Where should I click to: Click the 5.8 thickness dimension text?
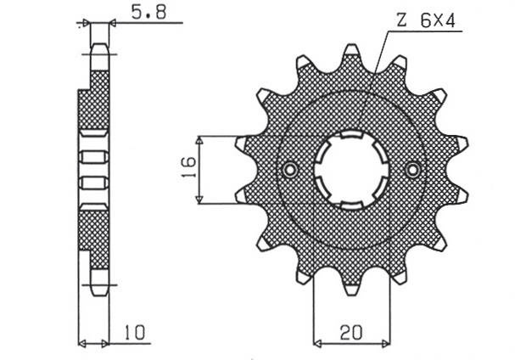point(148,13)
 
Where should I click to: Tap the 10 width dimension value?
point(134,332)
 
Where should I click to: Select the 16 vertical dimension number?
point(189,167)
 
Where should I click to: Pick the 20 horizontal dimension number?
point(350,333)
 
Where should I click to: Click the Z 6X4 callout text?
point(426,21)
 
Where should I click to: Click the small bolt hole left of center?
point(290,170)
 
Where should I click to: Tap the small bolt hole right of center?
point(413,170)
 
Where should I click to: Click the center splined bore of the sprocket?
point(351,170)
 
